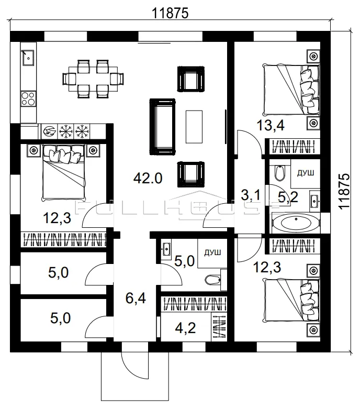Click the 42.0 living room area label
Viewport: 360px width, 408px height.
coord(148,179)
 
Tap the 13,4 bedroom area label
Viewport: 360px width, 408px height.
coord(271,125)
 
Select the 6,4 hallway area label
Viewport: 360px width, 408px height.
coord(136,298)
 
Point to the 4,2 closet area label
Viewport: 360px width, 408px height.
coord(186,328)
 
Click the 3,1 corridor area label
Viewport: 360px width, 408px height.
coord(251,195)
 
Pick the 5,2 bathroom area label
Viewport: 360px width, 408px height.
coord(288,198)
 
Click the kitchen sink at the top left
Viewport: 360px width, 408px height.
coord(28,58)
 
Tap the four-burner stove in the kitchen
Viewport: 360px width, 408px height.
coord(28,98)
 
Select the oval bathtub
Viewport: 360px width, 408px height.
coord(296,223)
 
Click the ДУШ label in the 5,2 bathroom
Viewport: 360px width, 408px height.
coord(306,173)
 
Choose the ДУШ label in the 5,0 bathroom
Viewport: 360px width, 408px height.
coord(212,252)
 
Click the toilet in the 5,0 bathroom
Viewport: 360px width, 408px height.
coord(213,280)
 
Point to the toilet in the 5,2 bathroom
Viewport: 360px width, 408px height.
coord(280,173)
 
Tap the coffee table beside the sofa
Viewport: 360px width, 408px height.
coord(194,127)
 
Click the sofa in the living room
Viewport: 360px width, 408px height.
coord(162,127)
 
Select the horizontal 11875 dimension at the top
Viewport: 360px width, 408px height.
coord(170,13)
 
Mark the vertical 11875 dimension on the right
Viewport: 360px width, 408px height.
coord(344,191)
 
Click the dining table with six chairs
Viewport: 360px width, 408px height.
coord(93,79)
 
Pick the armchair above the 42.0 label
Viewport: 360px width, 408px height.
coord(191,79)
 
